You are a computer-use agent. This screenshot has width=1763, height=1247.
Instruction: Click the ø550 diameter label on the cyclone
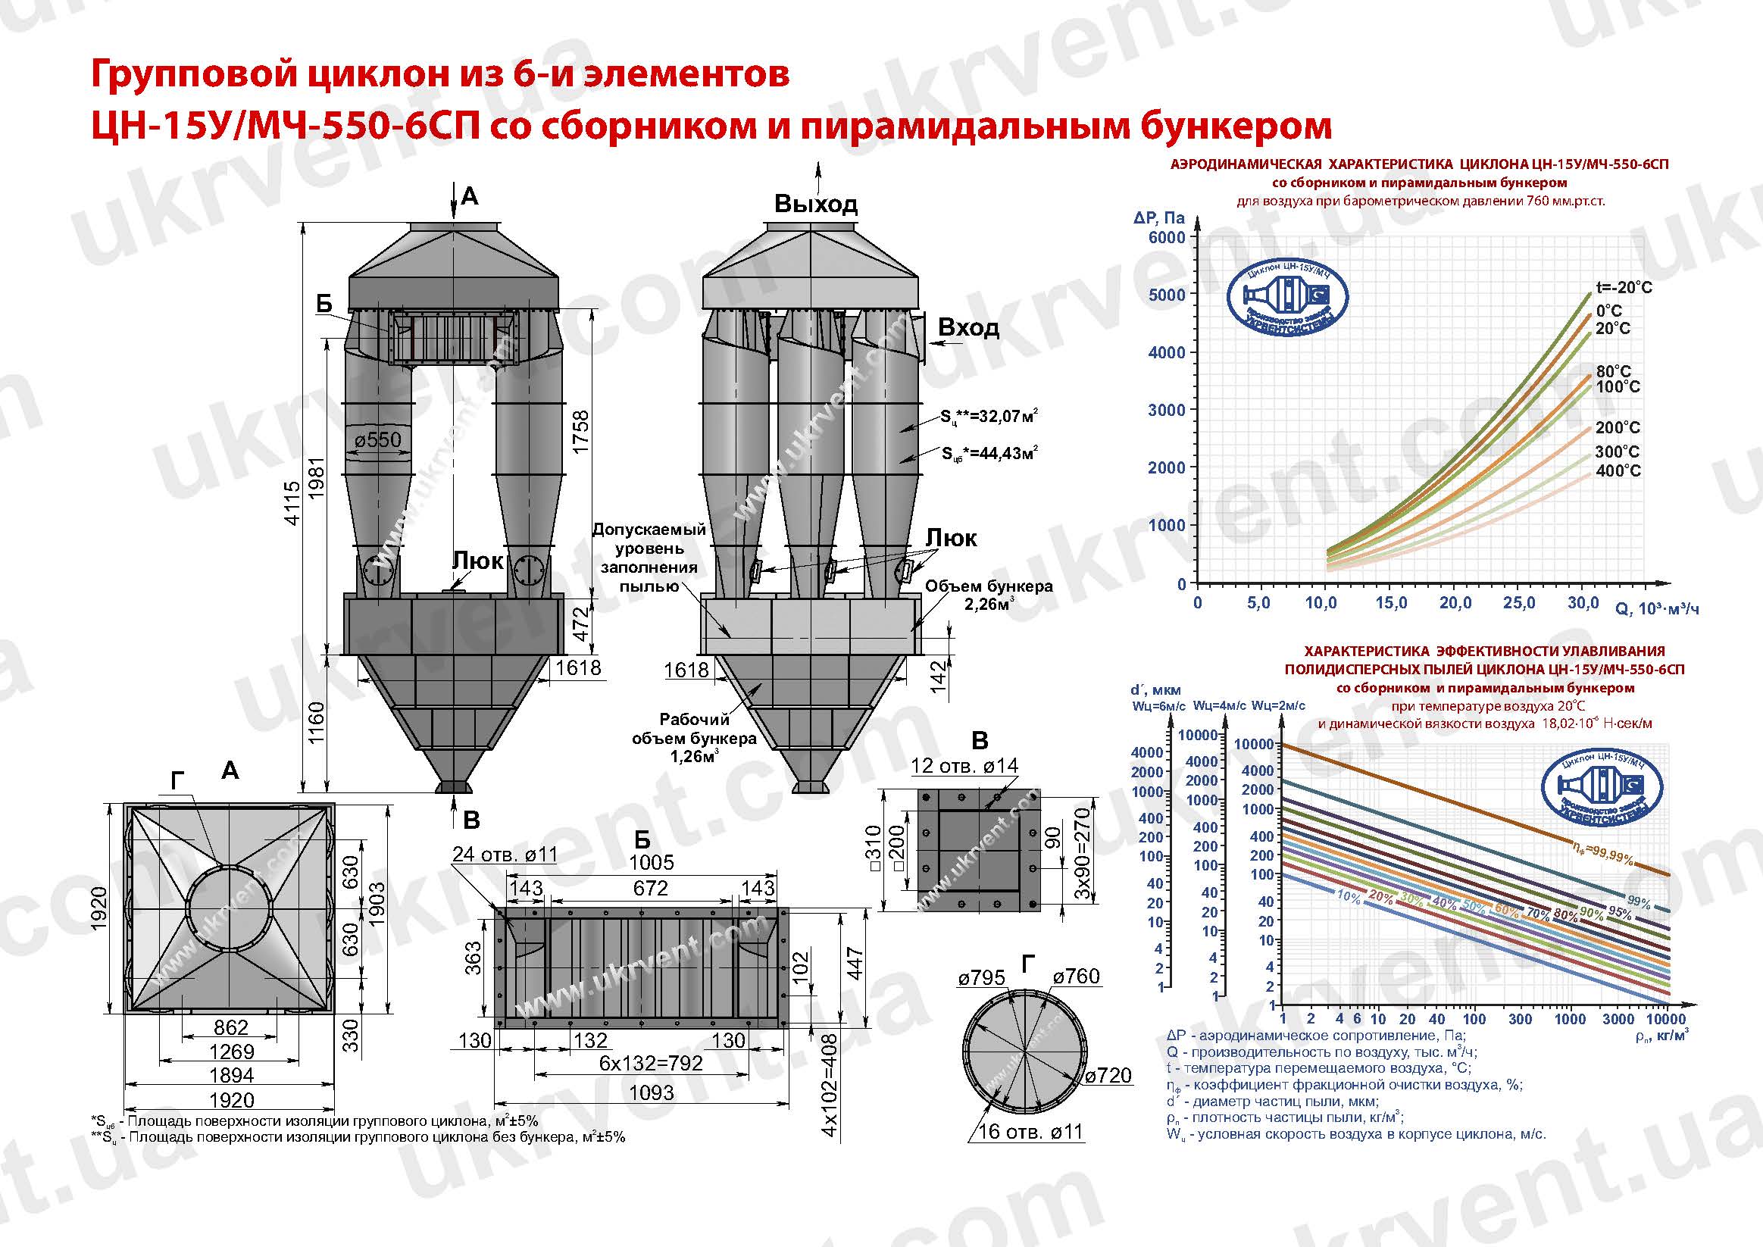pyautogui.click(x=378, y=440)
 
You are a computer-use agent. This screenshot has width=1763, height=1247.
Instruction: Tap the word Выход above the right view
pyautogui.click(x=815, y=205)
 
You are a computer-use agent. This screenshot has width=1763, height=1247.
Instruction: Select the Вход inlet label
pyautogui.click(x=968, y=329)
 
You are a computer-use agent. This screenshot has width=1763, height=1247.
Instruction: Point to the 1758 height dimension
pyautogui.click(x=581, y=432)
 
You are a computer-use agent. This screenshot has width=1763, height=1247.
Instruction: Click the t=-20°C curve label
pyautogui.click(x=1624, y=288)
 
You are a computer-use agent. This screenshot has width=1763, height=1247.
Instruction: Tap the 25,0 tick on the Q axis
pyautogui.click(x=1518, y=604)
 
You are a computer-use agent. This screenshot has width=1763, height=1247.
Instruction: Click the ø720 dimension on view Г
pyautogui.click(x=1108, y=1076)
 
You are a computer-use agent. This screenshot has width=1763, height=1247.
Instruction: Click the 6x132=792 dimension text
pyautogui.click(x=650, y=1063)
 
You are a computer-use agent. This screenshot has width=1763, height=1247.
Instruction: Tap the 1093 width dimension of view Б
pyautogui.click(x=651, y=1092)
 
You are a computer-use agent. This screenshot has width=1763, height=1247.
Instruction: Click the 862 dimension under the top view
pyautogui.click(x=230, y=1027)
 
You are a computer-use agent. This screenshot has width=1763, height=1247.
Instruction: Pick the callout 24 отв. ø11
pyautogui.click(x=505, y=855)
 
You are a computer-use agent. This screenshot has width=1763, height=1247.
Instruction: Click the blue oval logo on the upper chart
pyautogui.click(x=1287, y=296)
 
